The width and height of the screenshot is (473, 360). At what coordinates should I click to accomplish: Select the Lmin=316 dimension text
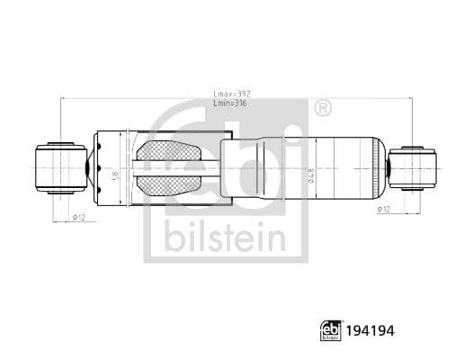pyautogui.click(x=233, y=104)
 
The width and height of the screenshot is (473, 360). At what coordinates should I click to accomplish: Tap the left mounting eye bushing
pyautogui.click(x=60, y=166)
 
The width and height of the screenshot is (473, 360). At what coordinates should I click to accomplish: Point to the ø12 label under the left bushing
pyautogui.click(x=78, y=218)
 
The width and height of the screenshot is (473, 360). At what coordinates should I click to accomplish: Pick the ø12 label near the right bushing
pyautogui.click(x=381, y=209)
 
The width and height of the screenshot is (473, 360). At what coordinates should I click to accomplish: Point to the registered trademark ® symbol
pyautogui.click(x=322, y=109)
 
